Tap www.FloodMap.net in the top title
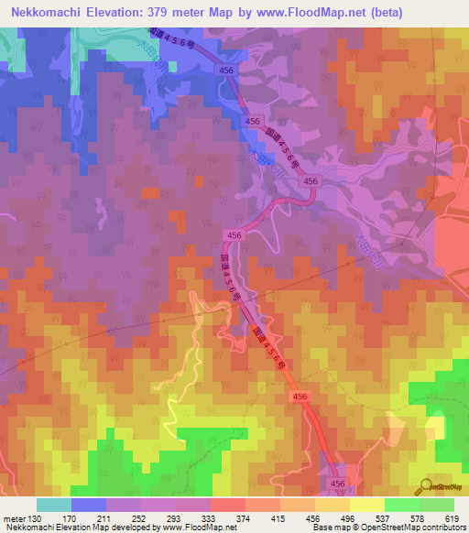(308, 13)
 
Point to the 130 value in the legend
(35, 517)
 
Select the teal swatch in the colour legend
(54, 505)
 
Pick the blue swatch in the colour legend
(89, 505)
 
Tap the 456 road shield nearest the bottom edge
(338, 483)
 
